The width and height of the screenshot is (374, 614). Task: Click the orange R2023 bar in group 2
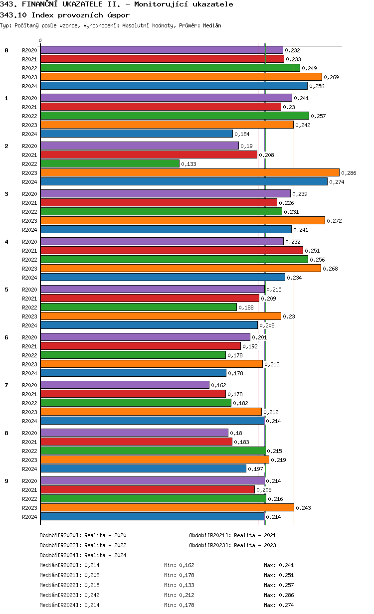tap(189, 172)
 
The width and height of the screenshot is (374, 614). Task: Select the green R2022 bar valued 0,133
tap(110, 163)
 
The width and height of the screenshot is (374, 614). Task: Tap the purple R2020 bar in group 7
tap(125, 385)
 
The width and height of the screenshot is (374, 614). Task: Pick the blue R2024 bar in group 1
tap(136, 134)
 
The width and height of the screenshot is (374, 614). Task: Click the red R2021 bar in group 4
tap(172, 250)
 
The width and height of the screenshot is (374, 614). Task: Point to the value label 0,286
tap(349, 173)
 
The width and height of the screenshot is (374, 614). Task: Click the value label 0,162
tap(218, 385)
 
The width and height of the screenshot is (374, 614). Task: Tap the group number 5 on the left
tap(6, 290)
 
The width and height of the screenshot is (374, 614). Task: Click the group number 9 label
tap(6, 481)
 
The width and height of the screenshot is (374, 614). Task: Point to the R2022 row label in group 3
tap(29, 212)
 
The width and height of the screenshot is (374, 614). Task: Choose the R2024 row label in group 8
tap(29, 469)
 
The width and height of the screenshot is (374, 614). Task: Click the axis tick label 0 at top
tap(40, 41)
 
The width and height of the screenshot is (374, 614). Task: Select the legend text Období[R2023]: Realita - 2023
tap(232, 545)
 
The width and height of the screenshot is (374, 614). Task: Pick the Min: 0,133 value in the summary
tap(179, 585)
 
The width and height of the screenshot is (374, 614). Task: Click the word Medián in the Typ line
tap(212, 25)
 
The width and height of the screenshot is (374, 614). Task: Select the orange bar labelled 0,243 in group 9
tap(167, 507)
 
